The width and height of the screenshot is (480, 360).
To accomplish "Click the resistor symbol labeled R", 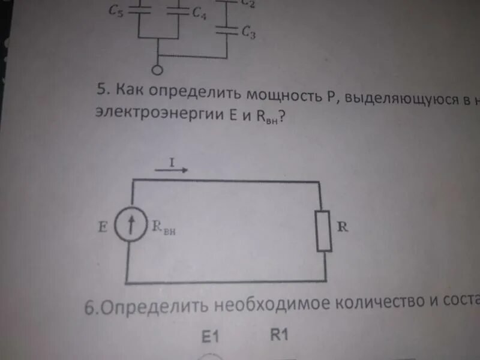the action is (x=324, y=231).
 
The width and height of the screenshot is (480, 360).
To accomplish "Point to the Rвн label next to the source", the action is (x=164, y=229).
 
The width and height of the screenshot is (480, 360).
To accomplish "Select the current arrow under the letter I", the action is (x=172, y=170).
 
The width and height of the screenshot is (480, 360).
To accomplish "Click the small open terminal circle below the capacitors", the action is (x=157, y=71).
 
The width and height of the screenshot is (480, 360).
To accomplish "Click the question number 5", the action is (x=101, y=92).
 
